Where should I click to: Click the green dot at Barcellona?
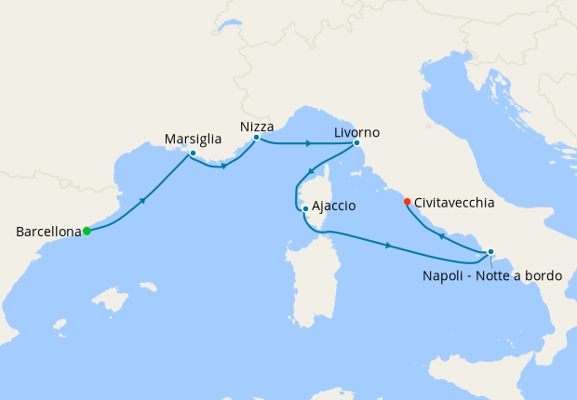[x=87, y=232]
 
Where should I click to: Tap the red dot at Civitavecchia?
[x=407, y=202]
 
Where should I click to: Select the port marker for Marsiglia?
[x=193, y=153]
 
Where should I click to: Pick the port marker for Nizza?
[x=256, y=138]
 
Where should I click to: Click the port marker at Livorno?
[x=356, y=143]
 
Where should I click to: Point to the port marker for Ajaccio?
[x=305, y=208]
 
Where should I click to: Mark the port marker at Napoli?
[x=490, y=252]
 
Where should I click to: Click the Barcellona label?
[x=47, y=232]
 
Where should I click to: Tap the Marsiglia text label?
[x=193, y=139]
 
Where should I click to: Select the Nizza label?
[x=256, y=125]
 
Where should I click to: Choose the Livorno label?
[x=357, y=132]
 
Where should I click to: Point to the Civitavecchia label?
[x=453, y=201]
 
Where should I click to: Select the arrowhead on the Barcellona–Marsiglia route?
[x=142, y=200]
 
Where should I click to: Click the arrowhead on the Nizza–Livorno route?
[x=308, y=144]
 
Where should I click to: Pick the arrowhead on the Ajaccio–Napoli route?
[x=386, y=246]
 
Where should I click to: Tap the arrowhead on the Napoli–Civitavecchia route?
[x=441, y=236]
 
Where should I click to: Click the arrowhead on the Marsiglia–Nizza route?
[x=223, y=167]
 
